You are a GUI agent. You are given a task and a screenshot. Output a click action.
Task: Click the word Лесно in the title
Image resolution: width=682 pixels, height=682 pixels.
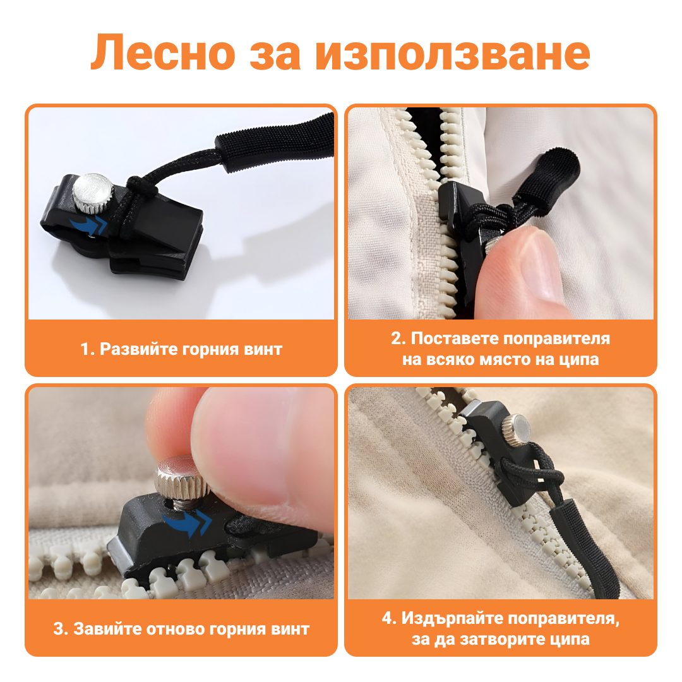pyautogui.click(x=163, y=53)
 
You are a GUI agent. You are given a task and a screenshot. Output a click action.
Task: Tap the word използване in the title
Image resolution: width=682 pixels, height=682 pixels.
pyautogui.click(x=453, y=53)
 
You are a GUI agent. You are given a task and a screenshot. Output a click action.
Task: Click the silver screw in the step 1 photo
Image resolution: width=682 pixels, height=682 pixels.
pyautogui.click(x=92, y=193)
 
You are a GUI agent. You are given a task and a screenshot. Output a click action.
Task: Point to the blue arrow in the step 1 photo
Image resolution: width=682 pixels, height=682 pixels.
pyautogui.click(x=89, y=225)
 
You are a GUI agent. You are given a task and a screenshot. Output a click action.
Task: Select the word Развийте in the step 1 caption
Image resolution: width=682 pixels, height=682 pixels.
pyautogui.click(x=139, y=349)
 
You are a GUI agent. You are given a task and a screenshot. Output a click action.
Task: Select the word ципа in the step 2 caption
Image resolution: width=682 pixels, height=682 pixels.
pyautogui.click(x=579, y=360)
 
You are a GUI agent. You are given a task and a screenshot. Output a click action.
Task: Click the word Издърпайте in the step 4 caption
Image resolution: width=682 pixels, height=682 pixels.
pyautogui.click(x=452, y=618)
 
